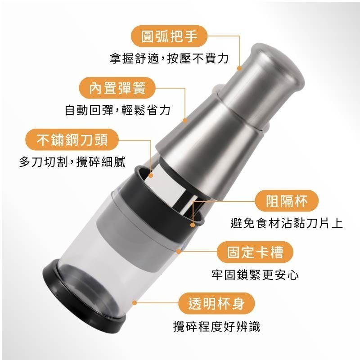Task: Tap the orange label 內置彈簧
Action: pyautogui.click(x=117, y=88)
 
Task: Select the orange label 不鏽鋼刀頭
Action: pyautogui.click(x=72, y=140)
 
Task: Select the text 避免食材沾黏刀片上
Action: pyautogui.click(x=286, y=223)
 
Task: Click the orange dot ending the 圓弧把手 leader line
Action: pyautogui.click(x=240, y=69)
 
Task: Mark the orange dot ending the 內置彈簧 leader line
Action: pyautogui.click(x=185, y=120)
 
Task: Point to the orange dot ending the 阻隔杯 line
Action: pyautogui.click(x=193, y=224)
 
